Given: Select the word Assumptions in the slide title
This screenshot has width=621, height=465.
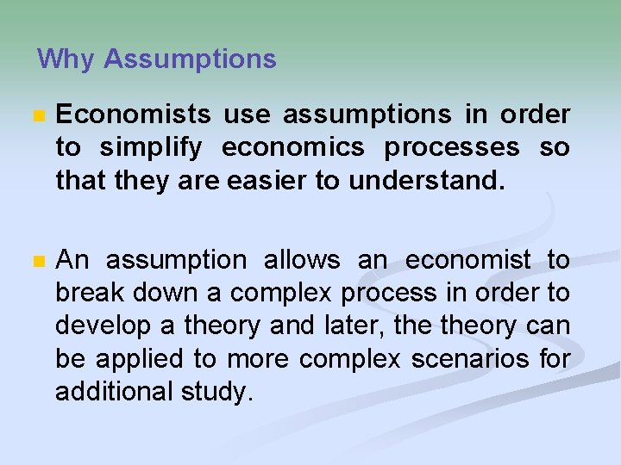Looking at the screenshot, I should [190, 59].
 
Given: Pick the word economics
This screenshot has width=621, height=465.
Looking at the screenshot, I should [293, 147].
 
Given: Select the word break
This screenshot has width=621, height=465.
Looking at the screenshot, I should [88, 293].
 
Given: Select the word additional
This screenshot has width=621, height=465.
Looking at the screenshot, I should [115, 391].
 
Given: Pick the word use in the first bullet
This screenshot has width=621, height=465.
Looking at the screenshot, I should [248, 115].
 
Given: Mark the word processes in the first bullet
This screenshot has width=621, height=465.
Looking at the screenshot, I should [452, 147].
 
